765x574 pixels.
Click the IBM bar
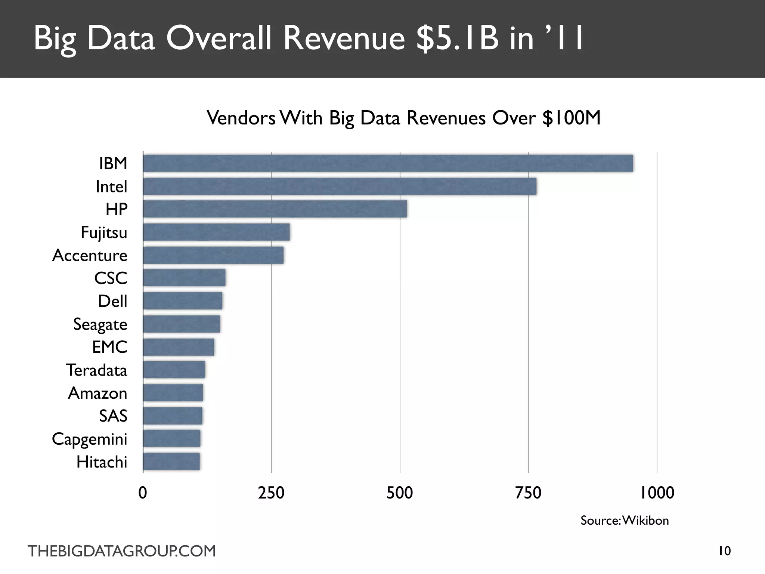pos(388,163)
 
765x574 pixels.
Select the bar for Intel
pos(340,186)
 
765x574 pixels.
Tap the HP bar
pos(275,209)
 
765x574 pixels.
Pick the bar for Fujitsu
pos(216,232)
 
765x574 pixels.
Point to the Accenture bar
pos(213,255)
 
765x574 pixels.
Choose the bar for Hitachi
pos(171,462)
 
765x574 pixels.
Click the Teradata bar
pos(174,370)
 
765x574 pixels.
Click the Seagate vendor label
pos(100,324)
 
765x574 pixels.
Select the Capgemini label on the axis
pos(90,439)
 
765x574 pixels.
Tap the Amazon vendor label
pos(97,393)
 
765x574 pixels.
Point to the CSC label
pos(111,278)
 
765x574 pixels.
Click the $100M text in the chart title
pos(572,118)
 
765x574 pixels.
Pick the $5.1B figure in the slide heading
pos(458,38)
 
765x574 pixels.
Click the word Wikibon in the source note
pos(645,521)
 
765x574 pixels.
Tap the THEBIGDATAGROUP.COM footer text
pos(122,551)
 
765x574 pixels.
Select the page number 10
pos(725,551)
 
